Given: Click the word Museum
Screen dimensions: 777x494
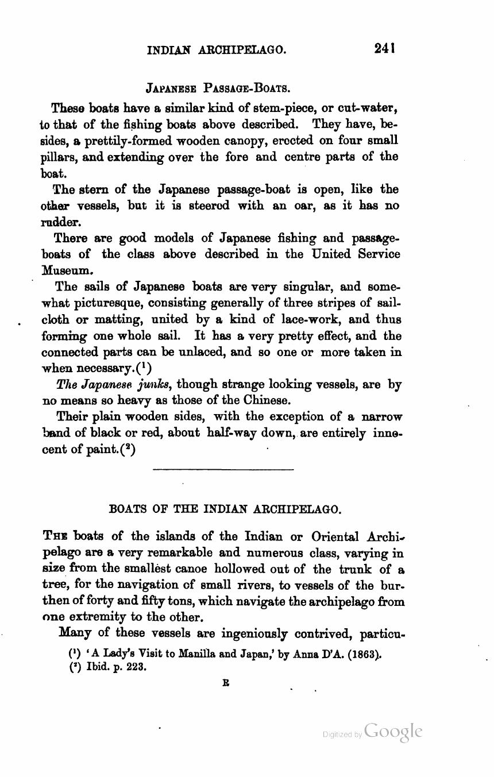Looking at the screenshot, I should tap(66, 269).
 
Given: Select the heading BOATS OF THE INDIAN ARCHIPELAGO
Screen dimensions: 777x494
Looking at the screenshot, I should tap(225, 509).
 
